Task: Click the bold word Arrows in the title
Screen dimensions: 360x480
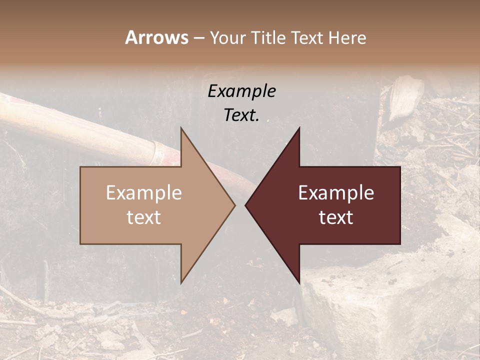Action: click(x=156, y=37)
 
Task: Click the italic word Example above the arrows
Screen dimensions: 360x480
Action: click(x=241, y=91)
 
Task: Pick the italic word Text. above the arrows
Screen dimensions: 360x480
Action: click(x=241, y=115)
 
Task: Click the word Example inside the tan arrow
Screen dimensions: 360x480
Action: click(x=144, y=193)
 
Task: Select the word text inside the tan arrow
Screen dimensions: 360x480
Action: click(x=144, y=217)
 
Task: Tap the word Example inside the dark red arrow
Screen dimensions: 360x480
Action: click(x=336, y=193)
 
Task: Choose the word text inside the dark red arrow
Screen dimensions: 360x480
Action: click(x=336, y=217)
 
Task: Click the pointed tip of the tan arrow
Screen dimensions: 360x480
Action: click(x=234, y=205)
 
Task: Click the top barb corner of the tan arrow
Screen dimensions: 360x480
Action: click(x=181, y=128)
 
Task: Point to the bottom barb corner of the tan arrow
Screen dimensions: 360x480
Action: click(x=181, y=282)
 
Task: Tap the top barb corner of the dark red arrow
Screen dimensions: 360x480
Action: click(x=299, y=128)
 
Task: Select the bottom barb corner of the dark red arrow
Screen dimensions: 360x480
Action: click(x=299, y=282)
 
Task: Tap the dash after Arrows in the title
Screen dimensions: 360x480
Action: click(x=198, y=38)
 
